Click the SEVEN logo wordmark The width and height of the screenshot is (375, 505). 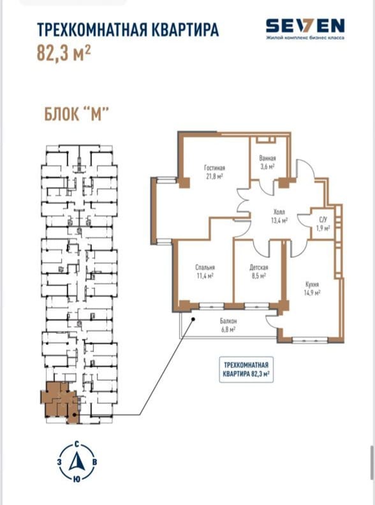(x=305, y=26)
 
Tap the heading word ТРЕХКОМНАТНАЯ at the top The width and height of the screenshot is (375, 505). (x=92, y=29)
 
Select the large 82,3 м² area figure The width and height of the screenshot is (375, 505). (x=64, y=54)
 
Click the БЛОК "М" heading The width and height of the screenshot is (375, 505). (x=76, y=114)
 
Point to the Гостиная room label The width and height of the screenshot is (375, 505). (x=214, y=168)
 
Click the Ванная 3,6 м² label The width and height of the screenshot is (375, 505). (x=267, y=163)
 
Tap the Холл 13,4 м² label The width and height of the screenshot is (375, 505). (x=279, y=216)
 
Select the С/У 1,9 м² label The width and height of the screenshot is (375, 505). (x=323, y=224)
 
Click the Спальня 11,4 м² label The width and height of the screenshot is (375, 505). (x=205, y=272)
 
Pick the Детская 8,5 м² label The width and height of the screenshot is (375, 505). (x=258, y=272)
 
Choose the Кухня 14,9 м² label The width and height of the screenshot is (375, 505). (x=312, y=289)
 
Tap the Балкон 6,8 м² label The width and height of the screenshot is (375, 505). (x=228, y=325)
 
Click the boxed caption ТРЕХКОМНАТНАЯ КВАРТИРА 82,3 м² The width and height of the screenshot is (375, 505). (x=246, y=369)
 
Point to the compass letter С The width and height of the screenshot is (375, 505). (x=77, y=444)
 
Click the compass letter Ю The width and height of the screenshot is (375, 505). (x=77, y=479)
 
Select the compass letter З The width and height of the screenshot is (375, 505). (x=59, y=462)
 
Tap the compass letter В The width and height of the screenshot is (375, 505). (x=95, y=462)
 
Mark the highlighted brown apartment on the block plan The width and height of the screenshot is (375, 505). (x=59, y=402)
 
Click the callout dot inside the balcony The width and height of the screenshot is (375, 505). (x=194, y=319)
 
